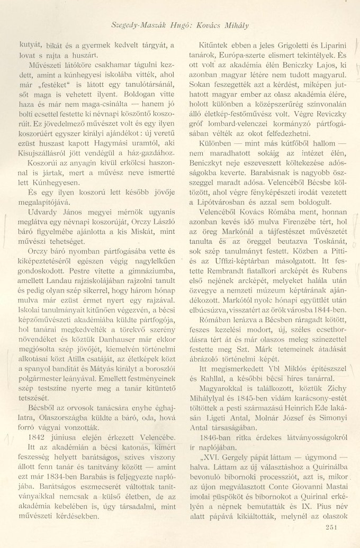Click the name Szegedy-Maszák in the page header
click(141, 25)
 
